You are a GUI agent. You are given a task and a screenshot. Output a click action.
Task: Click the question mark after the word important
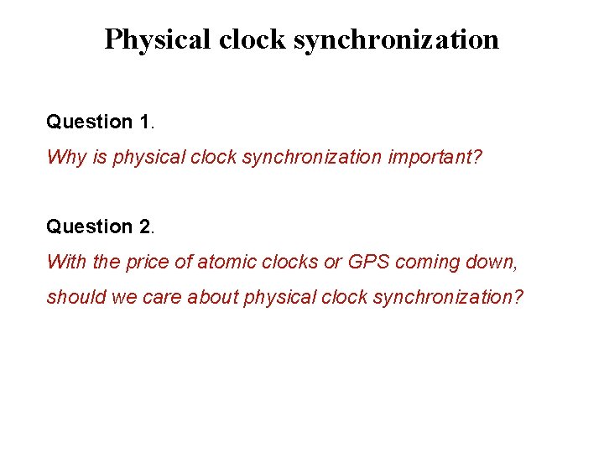click(477, 157)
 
